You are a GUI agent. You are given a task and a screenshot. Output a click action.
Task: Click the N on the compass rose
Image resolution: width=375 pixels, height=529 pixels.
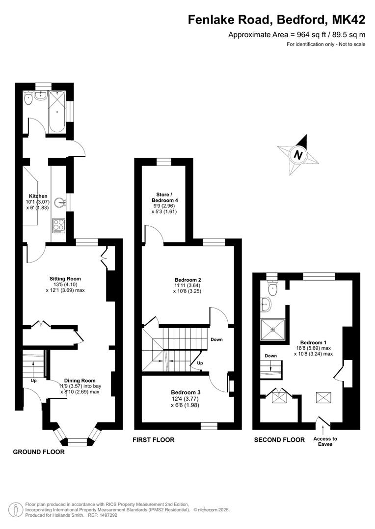(298, 155)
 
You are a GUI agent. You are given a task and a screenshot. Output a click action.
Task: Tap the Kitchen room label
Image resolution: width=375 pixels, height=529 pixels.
(38, 196)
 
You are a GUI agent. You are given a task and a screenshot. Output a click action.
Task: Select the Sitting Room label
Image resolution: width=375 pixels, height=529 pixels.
(65, 279)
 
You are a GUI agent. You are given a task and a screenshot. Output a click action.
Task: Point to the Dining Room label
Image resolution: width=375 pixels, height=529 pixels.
(80, 381)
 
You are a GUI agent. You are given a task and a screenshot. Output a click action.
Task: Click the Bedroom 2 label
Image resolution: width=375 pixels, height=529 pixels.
(188, 280)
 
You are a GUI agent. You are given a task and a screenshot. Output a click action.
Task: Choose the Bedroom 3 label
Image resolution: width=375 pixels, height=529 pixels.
(186, 392)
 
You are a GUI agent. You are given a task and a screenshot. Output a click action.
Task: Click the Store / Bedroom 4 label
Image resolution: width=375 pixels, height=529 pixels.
(164, 197)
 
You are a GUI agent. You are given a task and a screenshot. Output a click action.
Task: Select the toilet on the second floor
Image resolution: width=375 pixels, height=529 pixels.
(272, 286)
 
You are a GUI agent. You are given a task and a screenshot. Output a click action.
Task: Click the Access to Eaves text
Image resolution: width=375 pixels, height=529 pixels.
(325, 441)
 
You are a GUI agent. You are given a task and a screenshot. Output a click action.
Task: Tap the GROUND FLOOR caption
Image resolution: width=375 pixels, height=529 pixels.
(39, 452)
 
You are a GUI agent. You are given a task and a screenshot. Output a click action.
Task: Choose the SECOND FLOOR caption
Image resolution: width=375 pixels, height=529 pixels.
(279, 439)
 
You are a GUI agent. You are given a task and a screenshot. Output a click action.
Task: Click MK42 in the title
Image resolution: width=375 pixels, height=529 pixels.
(348, 20)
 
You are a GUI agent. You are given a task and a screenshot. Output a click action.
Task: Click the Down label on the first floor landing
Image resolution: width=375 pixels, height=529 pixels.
(217, 339)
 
